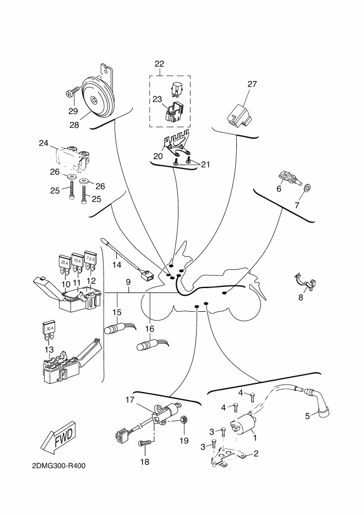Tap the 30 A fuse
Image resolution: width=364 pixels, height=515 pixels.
click(x=49, y=331)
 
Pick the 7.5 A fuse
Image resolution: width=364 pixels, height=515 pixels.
click(x=90, y=261)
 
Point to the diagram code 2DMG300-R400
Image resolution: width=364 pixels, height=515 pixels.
click(x=59, y=466)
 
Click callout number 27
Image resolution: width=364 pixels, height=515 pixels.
click(x=252, y=84)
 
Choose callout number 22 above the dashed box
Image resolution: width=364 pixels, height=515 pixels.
click(x=160, y=64)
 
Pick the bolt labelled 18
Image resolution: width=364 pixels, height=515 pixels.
click(x=145, y=444)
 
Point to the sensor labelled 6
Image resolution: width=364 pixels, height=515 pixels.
click(x=289, y=179)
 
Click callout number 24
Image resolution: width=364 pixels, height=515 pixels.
click(x=44, y=143)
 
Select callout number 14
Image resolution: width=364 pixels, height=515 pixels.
click(x=117, y=264)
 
